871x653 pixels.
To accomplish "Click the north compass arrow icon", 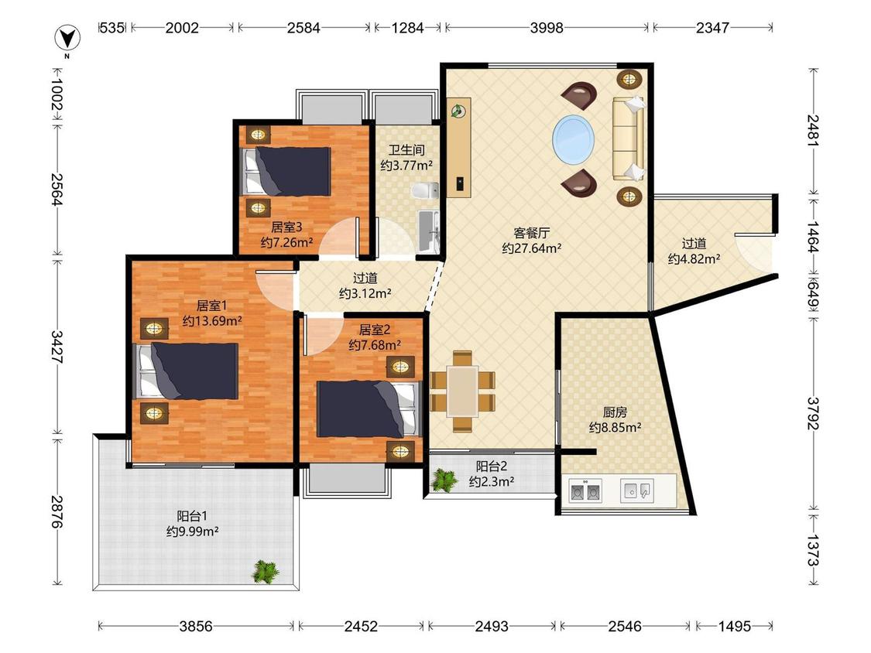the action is pyautogui.click(x=67, y=39).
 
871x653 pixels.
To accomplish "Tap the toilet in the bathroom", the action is pyautogui.click(x=425, y=190).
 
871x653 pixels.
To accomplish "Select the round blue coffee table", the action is pyautogui.click(x=573, y=139).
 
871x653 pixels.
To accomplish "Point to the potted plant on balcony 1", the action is pyautogui.click(x=266, y=571).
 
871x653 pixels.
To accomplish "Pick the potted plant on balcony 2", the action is pyautogui.click(x=444, y=480).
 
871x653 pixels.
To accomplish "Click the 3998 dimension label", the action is pyautogui.click(x=547, y=27).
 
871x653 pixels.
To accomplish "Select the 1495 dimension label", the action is pyautogui.click(x=735, y=627).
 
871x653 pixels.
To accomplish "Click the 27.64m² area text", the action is pyautogui.click(x=532, y=248).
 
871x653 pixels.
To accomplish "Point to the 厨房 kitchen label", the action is pyautogui.click(x=615, y=412).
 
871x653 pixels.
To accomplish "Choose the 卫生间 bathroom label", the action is pyautogui.click(x=406, y=150).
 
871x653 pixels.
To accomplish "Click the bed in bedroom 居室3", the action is pyautogui.click(x=286, y=171).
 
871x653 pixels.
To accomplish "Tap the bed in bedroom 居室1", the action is pyautogui.click(x=187, y=371).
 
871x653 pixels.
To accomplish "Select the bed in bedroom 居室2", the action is pyautogui.click(x=367, y=409).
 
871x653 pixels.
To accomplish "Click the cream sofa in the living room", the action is pyautogui.click(x=628, y=138).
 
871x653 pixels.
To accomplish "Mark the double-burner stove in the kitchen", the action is pyautogui.click(x=585, y=491).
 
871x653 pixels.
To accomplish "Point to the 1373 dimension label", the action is pyautogui.click(x=814, y=550).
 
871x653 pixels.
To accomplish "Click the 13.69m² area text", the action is pyautogui.click(x=212, y=320).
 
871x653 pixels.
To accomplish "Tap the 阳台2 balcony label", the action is pyautogui.click(x=491, y=466).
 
